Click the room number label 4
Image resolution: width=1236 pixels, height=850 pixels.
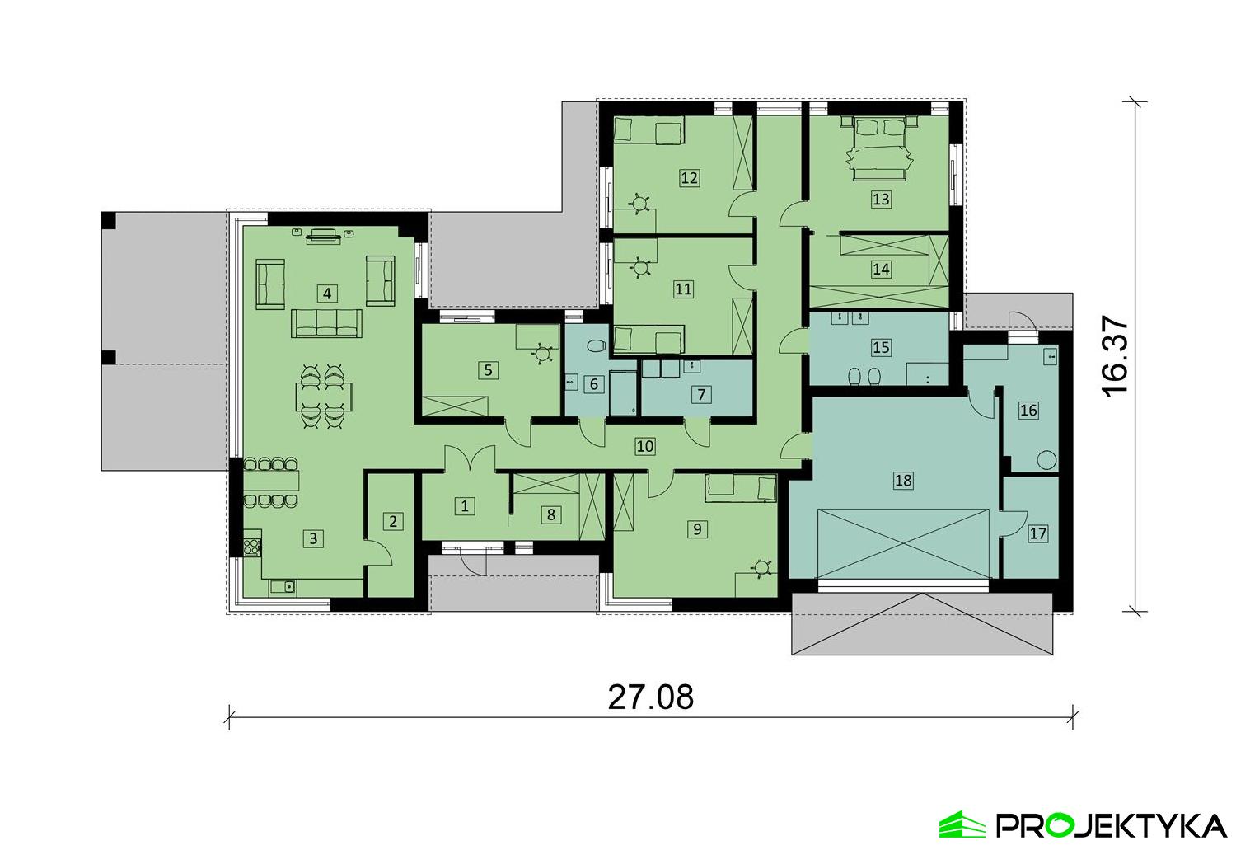click(327, 293)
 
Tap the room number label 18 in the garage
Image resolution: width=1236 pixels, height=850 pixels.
click(903, 479)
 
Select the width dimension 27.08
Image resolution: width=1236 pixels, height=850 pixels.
click(651, 697)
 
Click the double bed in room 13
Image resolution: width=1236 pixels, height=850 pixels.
click(881, 147)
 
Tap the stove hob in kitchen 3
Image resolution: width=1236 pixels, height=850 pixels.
click(250, 546)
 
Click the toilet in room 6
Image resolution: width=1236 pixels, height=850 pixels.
click(597, 346)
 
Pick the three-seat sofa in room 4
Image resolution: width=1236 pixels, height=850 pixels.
click(326, 324)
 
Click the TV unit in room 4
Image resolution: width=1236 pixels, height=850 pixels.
click(324, 237)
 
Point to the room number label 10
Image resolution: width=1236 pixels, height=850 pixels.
click(644, 446)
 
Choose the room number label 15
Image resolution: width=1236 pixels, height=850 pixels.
click(881, 347)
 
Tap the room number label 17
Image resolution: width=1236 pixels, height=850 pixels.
click(1037, 533)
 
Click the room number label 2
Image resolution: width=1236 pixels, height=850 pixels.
click(393, 521)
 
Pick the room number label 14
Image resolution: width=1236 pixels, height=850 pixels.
click(881, 269)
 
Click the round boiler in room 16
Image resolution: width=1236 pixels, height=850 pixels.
click(1047, 460)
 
